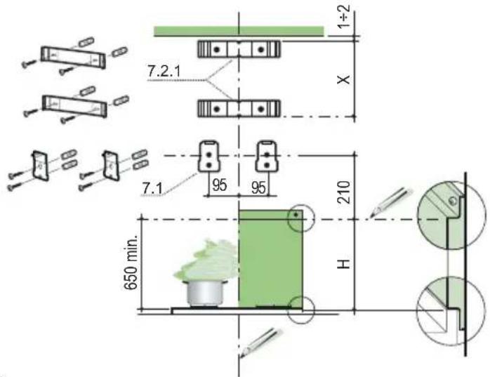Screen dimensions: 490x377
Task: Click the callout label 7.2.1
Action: [x=164, y=72]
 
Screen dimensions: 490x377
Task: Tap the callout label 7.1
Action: [x=152, y=188]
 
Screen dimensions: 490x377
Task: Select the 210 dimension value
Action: [x=344, y=192]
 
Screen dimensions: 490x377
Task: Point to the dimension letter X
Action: [x=344, y=79]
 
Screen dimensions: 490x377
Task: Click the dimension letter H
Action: [x=344, y=263]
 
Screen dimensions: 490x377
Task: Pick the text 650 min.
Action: [x=131, y=262]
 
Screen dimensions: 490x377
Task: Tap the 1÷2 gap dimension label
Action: [x=344, y=16]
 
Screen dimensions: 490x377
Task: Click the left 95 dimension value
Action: [x=219, y=185]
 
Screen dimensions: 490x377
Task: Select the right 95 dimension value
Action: [x=259, y=187]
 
